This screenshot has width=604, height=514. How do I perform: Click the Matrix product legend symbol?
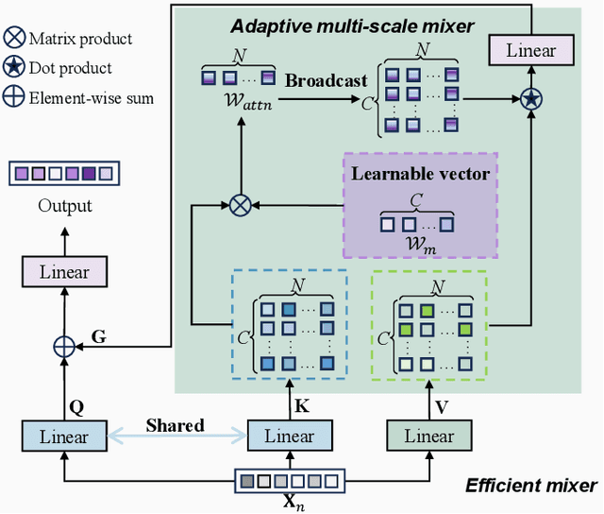(x=14, y=40)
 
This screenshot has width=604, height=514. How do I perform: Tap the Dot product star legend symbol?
(x=14, y=68)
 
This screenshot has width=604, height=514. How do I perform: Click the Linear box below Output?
(x=64, y=272)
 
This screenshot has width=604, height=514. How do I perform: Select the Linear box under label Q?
(x=64, y=437)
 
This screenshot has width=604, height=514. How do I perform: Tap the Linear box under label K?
(x=289, y=437)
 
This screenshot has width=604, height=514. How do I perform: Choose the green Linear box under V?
(x=428, y=437)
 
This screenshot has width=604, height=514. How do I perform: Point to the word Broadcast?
(x=326, y=80)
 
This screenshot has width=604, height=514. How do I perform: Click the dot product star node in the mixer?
(x=531, y=97)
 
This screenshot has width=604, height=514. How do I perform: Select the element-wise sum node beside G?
(x=64, y=347)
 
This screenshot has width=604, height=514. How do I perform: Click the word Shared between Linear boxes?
(x=175, y=425)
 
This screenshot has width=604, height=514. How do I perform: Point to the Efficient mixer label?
(x=530, y=486)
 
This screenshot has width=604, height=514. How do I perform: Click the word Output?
(x=63, y=205)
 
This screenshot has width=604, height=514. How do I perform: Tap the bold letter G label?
(x=98, y=335)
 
